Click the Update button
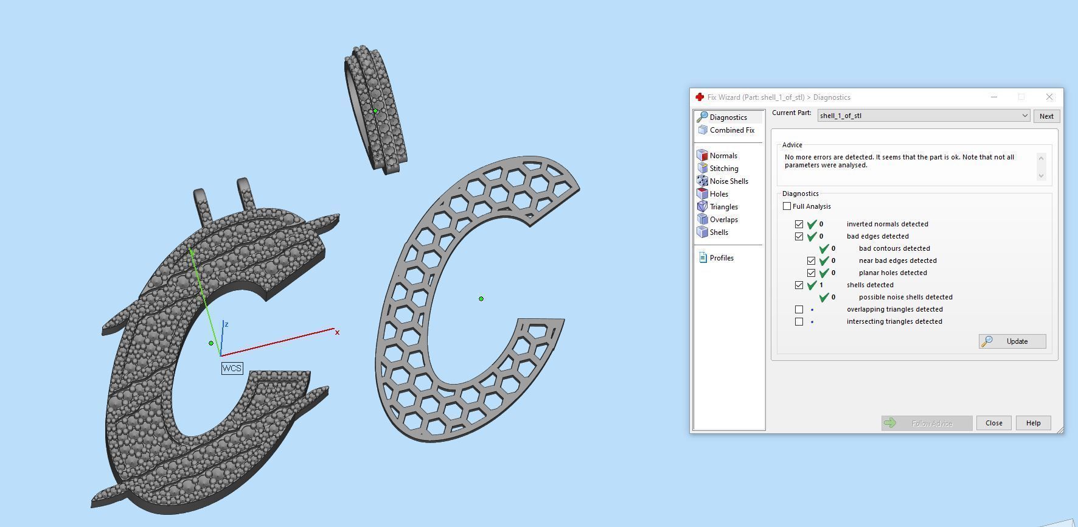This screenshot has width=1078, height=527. click(1012, 341)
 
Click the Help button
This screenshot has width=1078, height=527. click(1033, 423)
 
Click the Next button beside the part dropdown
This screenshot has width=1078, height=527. click(1046, 116)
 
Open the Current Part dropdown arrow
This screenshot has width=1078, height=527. click(1024, 116)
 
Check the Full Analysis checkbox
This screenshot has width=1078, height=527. click(787, 206)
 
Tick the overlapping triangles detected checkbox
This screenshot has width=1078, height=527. click(799, 309)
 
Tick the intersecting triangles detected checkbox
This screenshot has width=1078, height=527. click(799, 321)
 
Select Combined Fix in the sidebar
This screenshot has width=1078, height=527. click(731, 130)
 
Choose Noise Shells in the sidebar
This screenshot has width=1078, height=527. click(728, 181)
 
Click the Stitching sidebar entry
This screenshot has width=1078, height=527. click(723, 169)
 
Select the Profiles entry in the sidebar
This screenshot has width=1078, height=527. click(721, 258)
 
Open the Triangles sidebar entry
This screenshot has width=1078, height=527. click(723, 207)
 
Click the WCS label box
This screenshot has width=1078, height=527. click(232, 368)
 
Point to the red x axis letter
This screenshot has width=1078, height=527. click(337, 332)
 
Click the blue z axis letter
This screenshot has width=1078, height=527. click(226, 324)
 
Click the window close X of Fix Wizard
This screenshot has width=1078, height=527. click(1049, 97)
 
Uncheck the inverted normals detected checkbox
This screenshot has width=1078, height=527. click(799, 224)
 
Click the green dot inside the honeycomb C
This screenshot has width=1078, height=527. click(481, 299)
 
